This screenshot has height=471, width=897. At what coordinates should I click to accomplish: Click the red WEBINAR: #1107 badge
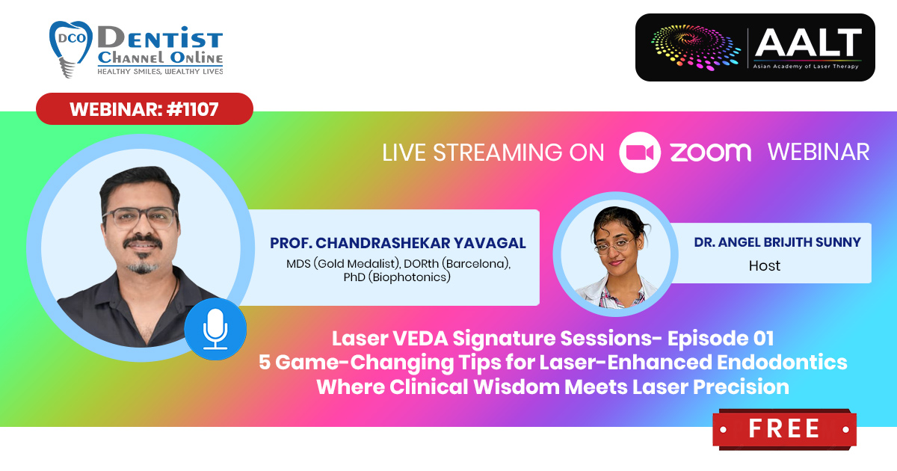pos(144,109)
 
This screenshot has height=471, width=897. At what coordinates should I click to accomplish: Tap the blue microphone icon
pos(215,329)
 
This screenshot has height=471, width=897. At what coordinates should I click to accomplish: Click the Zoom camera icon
pos(640,153)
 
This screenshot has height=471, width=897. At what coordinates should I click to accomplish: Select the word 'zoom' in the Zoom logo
pos(710,153)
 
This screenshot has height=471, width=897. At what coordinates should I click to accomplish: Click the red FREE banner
pos(784,428)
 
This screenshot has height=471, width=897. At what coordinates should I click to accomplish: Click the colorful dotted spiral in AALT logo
pos(696,47)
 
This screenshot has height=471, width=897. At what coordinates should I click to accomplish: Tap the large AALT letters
pos(808,43)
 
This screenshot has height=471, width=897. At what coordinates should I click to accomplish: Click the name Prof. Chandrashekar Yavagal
pos(398,243)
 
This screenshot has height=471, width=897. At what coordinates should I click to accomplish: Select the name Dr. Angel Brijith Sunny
pos(777,242)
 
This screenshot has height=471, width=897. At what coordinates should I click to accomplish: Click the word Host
pos(765,265)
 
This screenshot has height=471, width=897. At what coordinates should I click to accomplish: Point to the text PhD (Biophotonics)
pos(397,277)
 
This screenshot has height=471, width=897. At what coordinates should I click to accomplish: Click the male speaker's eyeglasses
pos(141,218)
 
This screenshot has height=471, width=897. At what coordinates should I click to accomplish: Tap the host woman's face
pos(616,244)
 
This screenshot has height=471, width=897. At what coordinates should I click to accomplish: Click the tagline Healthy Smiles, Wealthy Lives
pos(160,71)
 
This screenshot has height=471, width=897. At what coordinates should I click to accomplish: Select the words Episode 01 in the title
pos(721,338)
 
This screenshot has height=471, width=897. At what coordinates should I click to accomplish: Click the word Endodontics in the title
pos(782,362)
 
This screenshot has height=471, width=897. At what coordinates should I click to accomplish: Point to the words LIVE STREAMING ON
pos(493,153)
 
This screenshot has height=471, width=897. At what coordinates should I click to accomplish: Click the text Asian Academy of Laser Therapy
pos(806,67)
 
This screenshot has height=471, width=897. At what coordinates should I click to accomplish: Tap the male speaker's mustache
pos(143,241)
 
